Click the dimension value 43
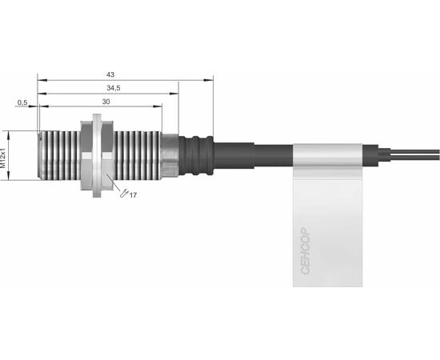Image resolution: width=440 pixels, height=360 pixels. [x=110, y=74]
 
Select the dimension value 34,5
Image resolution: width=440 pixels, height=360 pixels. [x=114, y=88]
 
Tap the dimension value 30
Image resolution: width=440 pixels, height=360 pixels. [x=106, y=102]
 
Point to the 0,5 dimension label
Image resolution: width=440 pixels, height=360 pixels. [x=22, y=103]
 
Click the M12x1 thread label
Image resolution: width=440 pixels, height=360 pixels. [x=3, y=158]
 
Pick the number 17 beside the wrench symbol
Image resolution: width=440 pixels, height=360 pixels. [x=133, y=195]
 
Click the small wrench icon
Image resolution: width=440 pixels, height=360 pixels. [x=124, y=193]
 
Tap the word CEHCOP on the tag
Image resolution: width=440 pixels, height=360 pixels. [x=305, y=251]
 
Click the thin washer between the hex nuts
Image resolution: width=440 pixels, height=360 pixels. [x=97, y=155]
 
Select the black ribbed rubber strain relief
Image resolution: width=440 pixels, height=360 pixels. [x=197, y=155]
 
